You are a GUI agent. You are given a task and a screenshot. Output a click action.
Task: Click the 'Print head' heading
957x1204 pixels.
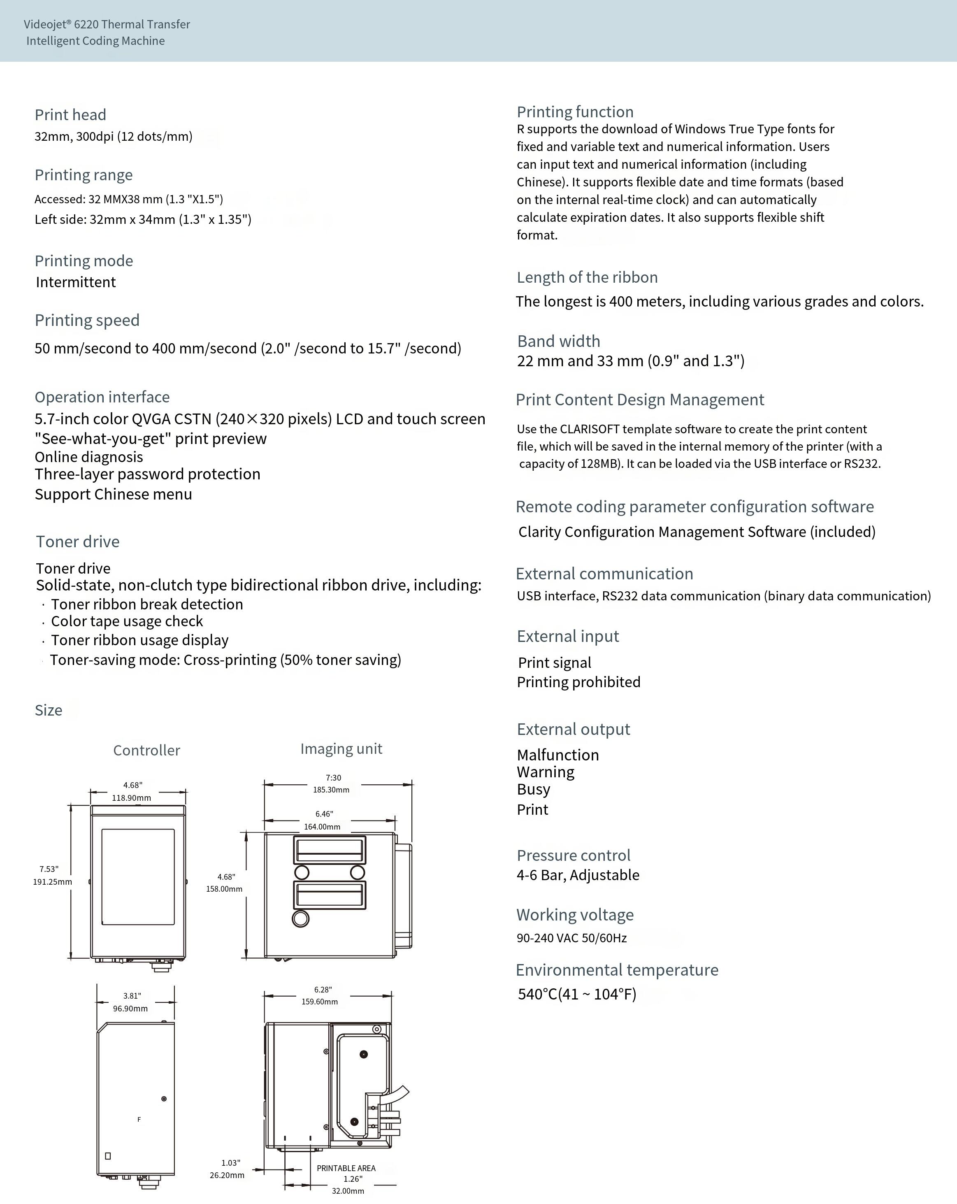tap(70, 115)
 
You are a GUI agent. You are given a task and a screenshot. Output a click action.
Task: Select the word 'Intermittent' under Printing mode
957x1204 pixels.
tap(76, 282)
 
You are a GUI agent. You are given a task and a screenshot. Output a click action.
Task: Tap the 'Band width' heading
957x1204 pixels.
tap(558, 341)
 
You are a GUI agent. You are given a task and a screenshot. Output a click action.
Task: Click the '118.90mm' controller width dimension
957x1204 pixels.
tap(131, 798)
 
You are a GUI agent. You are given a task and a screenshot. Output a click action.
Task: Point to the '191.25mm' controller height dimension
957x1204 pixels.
tap(53, 882)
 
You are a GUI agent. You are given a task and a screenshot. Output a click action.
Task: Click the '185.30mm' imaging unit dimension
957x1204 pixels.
tap(331, 790)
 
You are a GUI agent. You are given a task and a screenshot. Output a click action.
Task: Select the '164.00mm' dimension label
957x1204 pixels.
tap(322, 827)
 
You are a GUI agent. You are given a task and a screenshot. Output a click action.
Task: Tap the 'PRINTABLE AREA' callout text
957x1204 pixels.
tap(346, 1168)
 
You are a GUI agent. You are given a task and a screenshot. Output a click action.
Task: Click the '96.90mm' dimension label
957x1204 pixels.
tap(130, 1009)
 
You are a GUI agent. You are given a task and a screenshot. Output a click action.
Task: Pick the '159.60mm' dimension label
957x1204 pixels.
tap(319, 1001)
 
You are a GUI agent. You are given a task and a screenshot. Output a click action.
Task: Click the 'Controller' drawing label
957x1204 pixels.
tap(147, 750)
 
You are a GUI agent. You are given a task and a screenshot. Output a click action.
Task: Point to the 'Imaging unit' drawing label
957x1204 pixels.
tap(341, 748)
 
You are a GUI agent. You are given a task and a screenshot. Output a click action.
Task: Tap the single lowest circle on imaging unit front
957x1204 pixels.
tap(300, 918)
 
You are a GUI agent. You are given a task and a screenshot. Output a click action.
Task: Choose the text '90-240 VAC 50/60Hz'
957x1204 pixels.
tap(572, 938)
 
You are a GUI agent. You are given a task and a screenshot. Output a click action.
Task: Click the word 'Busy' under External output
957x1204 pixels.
tap(534, 790)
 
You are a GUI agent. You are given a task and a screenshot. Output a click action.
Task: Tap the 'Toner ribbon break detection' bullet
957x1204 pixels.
tap(147, 604)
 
